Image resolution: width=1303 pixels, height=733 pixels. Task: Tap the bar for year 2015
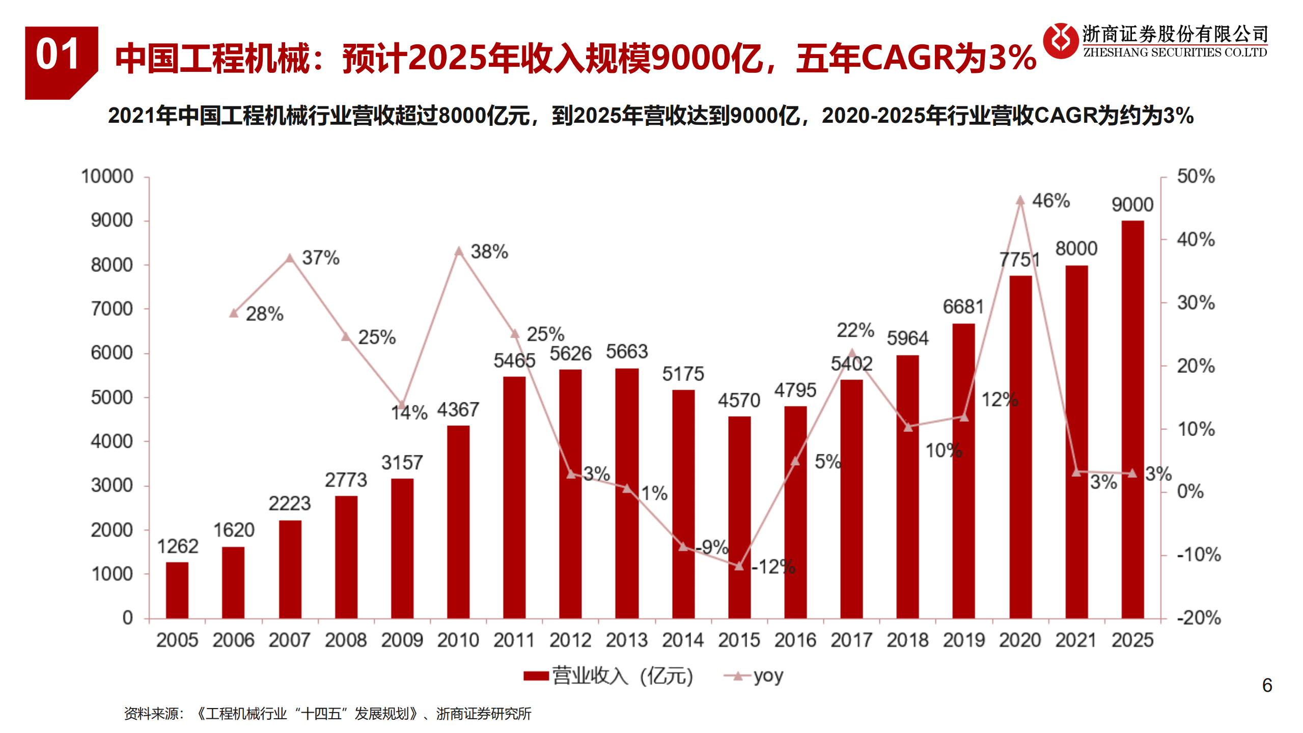tap(739, 517)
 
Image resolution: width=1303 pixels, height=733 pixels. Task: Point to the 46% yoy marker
tap(1020, 201)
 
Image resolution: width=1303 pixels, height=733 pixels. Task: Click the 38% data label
tap(489, 252)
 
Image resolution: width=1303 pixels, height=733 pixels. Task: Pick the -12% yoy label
tap(773, 566)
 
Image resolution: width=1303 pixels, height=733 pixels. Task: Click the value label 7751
tap(1019, 260)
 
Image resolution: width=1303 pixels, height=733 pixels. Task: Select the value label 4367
tap(458, 410)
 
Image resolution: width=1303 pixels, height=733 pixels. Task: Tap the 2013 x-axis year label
tap(626, 640)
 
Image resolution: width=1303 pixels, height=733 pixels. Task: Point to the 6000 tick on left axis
tap(112, 353)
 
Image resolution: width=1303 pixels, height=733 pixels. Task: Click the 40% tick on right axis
tap(1195, 239)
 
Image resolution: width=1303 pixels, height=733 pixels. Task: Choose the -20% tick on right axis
tap(1198, 618)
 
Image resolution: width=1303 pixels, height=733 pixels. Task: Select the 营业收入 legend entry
tap(608, 676)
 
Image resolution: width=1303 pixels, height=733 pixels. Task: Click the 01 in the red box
tap(58, 55)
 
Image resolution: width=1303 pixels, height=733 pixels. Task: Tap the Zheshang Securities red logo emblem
tap(1061, 41)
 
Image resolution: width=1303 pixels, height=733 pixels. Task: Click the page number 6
tap(1267, 685)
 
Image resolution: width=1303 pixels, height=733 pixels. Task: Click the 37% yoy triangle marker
tap(290, 258)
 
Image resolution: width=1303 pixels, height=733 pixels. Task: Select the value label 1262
tap(177, 547)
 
